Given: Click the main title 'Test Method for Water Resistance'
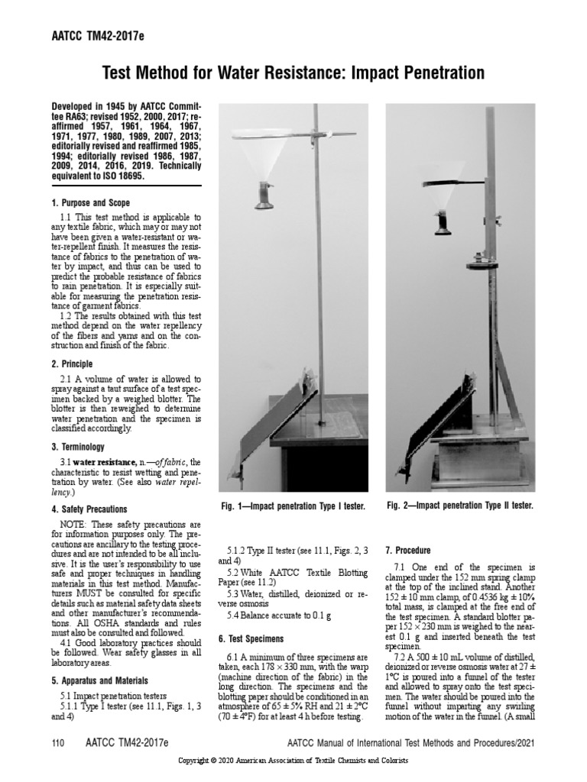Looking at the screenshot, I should [x=293, y=73].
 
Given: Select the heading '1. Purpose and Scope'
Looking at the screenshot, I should [x=90, y=203].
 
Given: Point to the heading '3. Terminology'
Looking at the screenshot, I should [x=78, y=447].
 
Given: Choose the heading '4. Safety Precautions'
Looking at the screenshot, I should [x=89, y=509].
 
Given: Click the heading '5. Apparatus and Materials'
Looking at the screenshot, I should [x=99, y=680].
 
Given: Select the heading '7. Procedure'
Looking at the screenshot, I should [x=409, y=551].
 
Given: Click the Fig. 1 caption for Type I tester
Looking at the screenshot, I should [x=293, y=506].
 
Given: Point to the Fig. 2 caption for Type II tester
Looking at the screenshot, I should [x=459, y=506].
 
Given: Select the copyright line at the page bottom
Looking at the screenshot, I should [x=293, y=762].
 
